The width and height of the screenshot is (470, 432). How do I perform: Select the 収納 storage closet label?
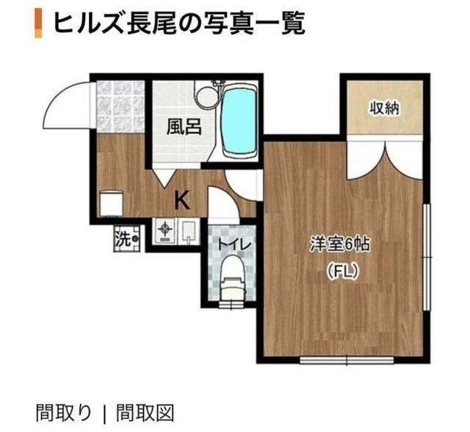[383, 109]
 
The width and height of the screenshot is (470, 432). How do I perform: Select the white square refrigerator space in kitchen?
[110, 202]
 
